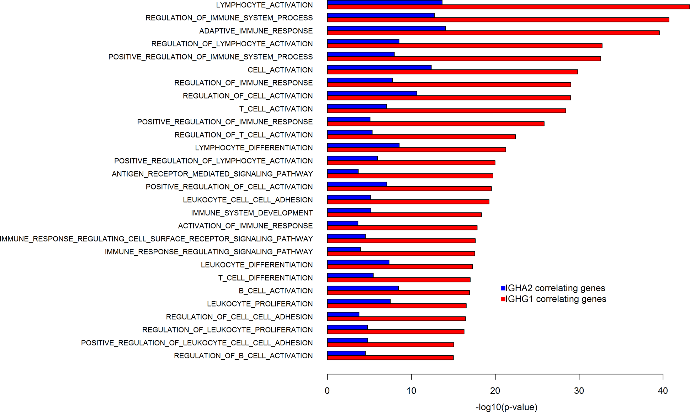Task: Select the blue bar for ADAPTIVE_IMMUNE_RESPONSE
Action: (386, 28)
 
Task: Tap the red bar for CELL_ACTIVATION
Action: (452, 72)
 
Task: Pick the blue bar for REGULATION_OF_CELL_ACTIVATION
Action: (372, 93)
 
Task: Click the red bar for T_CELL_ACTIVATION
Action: (446, 111)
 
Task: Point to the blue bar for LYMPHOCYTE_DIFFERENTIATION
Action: (363, 145)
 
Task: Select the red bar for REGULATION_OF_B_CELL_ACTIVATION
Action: (390, 358)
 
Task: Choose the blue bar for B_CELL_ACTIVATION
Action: (363, 288)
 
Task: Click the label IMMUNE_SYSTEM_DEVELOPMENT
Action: (252, 213)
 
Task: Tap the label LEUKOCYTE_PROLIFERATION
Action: (260, 304)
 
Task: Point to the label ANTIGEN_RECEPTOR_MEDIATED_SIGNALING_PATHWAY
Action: (212, 174)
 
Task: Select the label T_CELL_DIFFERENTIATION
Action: (265, 278)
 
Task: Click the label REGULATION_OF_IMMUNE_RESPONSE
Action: (243, 83)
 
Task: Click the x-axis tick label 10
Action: (411, 391)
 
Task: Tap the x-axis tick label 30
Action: (579, 391)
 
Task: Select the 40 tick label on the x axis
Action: (663, 391)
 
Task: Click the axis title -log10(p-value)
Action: (506, 407)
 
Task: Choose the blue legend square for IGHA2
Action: (503, 288)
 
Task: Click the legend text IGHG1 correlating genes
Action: (556, 299)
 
